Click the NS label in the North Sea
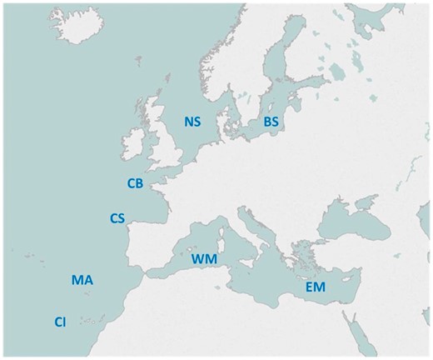(192, 122)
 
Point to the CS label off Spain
(117, 218)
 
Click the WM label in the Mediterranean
(205, 259)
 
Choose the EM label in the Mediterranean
(315, 287)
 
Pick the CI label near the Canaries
(60, 322)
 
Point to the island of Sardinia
(227, 248)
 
